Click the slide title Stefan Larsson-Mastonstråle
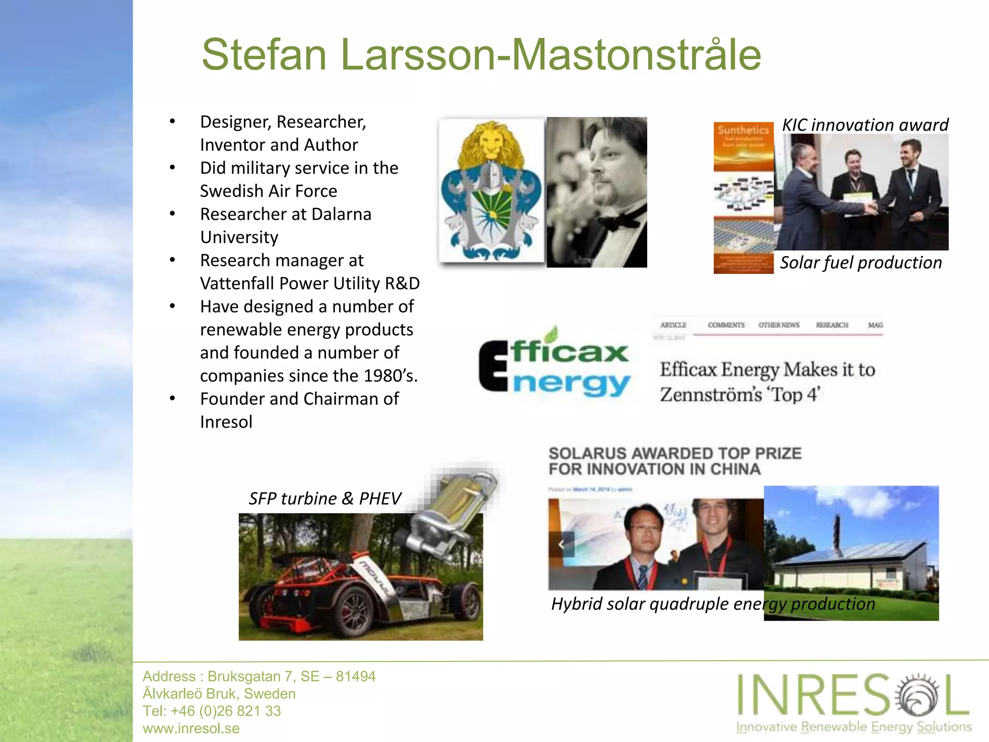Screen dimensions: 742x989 click(481, 55)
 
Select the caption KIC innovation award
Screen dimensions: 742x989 click(865, 125)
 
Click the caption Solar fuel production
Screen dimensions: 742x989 click(861, 262)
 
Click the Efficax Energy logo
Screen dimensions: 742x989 click(554, 366)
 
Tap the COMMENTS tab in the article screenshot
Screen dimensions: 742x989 click(726, 325)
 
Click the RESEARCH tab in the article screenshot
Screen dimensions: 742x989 click(832, 325)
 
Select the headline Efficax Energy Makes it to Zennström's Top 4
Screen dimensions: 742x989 click(767, 382)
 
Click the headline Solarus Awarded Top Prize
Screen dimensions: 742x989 click(675, 461)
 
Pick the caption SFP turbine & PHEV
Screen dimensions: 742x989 click(325, 498)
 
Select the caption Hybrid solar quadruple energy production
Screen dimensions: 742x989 click(713, 604)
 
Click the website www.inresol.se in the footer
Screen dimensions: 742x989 click(191, 728)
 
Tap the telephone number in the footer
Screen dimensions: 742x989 click(212, 711)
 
